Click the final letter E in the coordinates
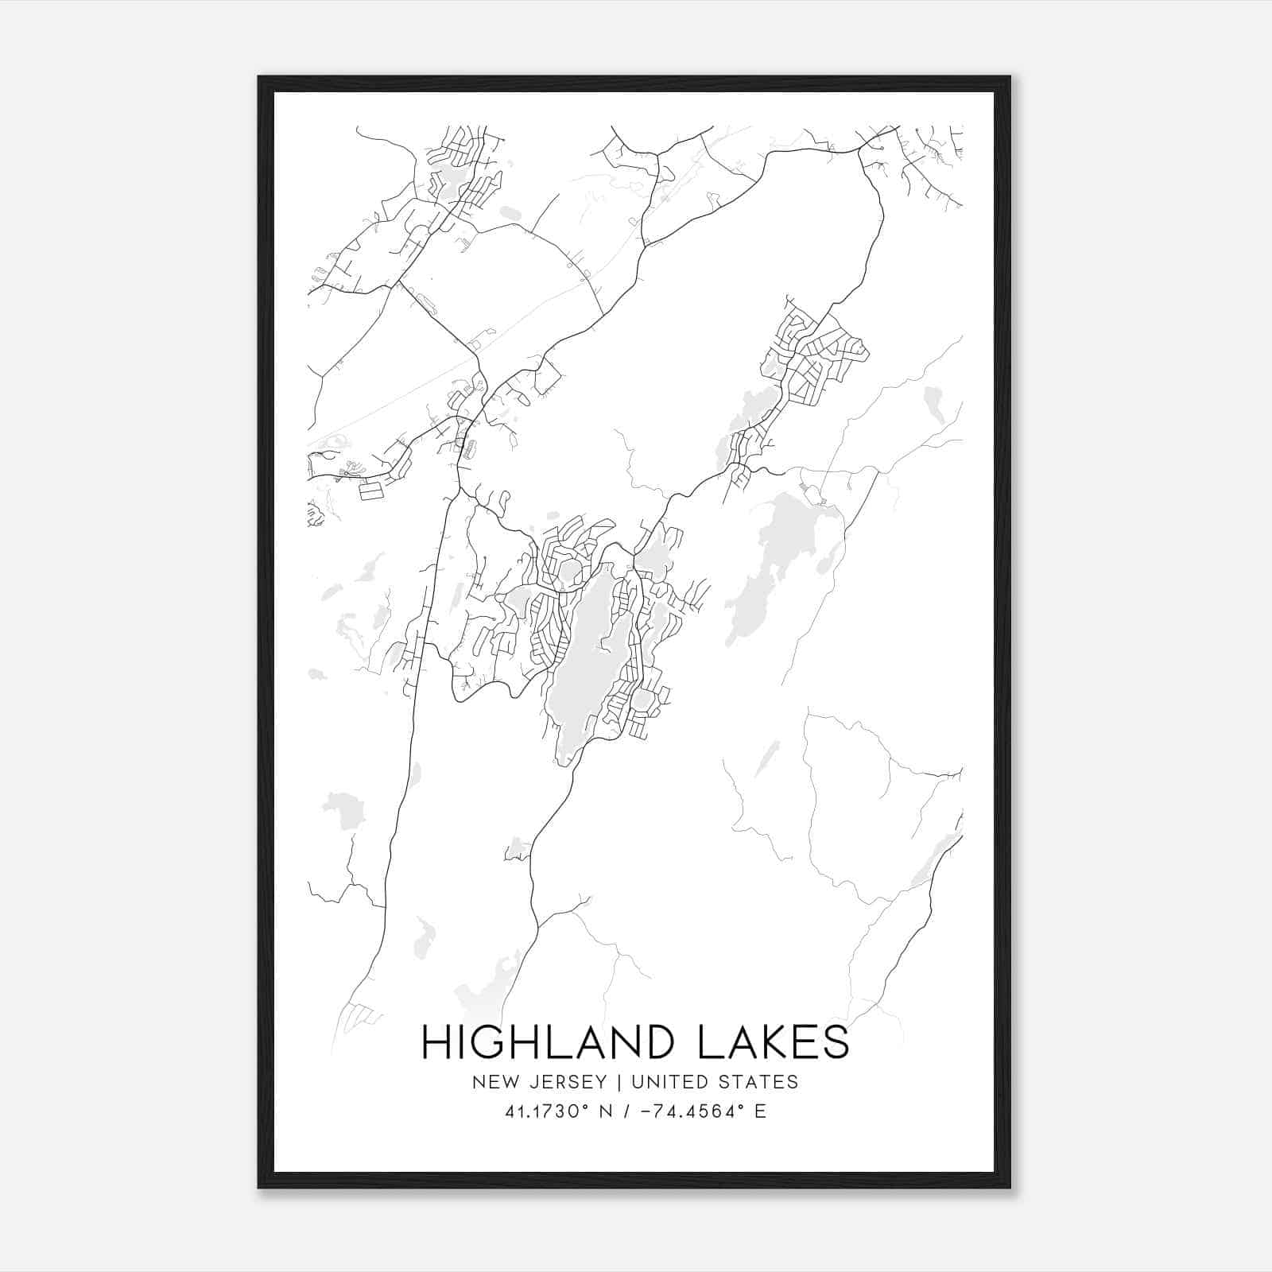pos(761,1111)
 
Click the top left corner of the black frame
pos(259,78)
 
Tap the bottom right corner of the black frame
pos(1009,1187)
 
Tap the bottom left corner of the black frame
pos(259,1187)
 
